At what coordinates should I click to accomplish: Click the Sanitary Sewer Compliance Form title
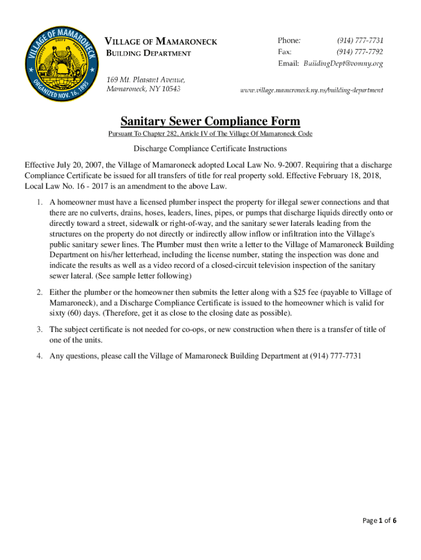(210, 121)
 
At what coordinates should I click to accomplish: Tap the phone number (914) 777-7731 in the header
(360, 40)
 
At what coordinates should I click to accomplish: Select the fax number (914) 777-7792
(360, 52)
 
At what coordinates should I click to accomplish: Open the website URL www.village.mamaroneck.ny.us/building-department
(312, 90)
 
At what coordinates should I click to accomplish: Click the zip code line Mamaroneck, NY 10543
(143, 89)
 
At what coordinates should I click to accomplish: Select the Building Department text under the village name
(148, 53)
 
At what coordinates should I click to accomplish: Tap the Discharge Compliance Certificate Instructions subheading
(210, 149)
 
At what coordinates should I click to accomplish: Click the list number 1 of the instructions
(40, 203)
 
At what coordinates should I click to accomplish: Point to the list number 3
(40, 329)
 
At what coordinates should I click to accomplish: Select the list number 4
(40, 356)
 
